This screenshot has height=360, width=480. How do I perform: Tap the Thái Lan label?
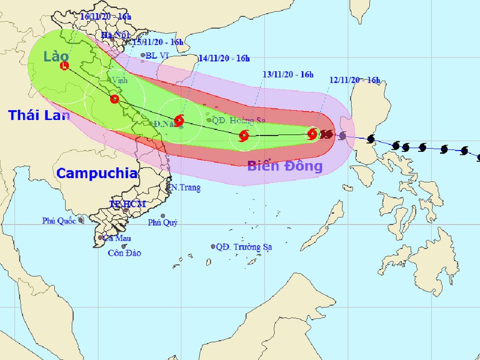pos(38,115)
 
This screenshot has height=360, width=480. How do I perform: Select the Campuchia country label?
pos(97,173)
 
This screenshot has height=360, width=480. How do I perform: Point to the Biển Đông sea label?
pos(284,166)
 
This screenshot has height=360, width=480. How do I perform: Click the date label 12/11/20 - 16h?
pos(354,80)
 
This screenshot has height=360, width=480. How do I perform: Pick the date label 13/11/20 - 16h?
pos(287,74)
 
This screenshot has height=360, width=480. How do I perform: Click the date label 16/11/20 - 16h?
pos(105,17)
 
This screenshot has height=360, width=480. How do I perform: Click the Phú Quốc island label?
pos(59,221)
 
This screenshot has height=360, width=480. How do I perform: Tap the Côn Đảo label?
pos(124,253)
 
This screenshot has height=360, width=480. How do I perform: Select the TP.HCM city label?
pos(127,204)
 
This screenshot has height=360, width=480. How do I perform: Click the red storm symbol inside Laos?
pos(64,65)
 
